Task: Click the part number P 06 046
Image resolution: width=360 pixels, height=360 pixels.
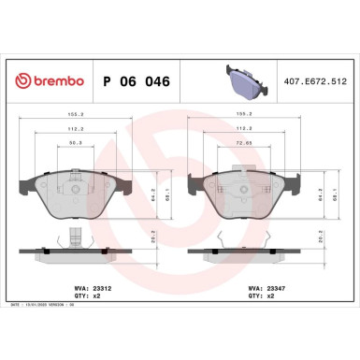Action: [x=132, y=81]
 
